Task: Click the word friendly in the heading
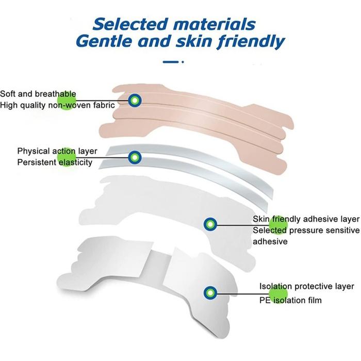click(251, 42)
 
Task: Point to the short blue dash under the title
click(171, 62)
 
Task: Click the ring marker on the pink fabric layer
click(135, 101)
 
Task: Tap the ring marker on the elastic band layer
click(135, 157)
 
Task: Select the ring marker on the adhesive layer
click(210, 224)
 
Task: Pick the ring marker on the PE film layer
click(210, 293)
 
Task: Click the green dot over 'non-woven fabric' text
click(67, 101)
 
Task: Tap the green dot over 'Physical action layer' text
click(67, 157)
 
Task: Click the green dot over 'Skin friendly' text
click(278, 225)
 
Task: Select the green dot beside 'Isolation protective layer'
click(278, 293)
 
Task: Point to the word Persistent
click(37, 162)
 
